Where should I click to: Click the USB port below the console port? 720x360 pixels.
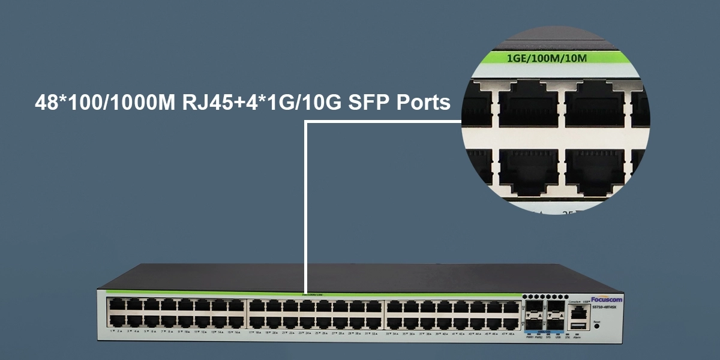coord(578,325)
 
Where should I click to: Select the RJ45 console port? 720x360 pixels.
coord(578,311)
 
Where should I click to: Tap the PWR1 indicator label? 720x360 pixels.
coord(530,338)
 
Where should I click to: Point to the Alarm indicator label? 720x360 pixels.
coord(577,338)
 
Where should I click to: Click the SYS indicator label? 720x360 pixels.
coord(548,338)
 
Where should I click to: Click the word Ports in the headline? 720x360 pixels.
coord(424,103)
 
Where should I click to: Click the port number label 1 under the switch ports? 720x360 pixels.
coord(111,331)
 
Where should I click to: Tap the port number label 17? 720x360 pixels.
coord(251,332)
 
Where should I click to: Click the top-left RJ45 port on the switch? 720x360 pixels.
coord(115,305)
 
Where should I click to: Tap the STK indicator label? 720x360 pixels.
coord(568,338)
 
